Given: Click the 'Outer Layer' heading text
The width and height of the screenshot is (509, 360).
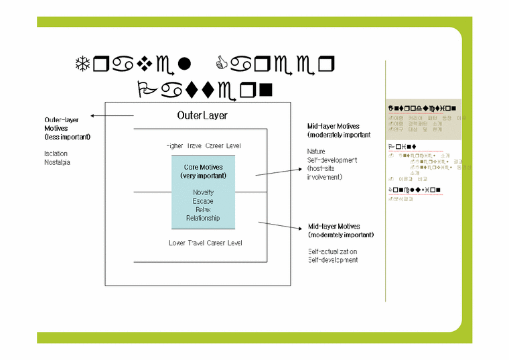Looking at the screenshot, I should point(202,115).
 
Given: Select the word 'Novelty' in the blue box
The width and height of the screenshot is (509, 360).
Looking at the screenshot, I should point(203,192).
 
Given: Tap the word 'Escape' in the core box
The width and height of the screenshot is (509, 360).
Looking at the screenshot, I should point(203,201).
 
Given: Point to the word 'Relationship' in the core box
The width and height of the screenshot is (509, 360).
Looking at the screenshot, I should point(203,218).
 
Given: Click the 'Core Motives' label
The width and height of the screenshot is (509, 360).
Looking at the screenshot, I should point(203,167).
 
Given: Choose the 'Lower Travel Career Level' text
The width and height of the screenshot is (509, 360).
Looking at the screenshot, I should point(205,243).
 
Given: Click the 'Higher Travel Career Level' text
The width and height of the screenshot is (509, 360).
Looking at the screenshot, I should point(203,145).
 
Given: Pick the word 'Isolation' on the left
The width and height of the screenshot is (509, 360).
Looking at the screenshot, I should point(56,154).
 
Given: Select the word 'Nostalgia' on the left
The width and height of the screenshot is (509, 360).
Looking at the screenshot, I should point(58,162).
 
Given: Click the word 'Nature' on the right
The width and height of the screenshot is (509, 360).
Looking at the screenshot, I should point(316,152).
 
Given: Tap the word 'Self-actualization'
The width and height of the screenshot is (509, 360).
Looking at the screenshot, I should point(333,251).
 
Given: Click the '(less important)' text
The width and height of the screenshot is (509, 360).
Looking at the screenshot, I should point(68,137).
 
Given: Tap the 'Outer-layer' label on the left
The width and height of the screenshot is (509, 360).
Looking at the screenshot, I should point(62,120).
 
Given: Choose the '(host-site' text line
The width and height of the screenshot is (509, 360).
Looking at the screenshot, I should point(323,168).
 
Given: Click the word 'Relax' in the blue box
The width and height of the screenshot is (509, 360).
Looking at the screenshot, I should point(203,209).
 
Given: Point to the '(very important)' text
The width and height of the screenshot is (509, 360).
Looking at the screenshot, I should point(203,176).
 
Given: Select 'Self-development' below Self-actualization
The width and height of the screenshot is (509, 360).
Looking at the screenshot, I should point(333,259).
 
